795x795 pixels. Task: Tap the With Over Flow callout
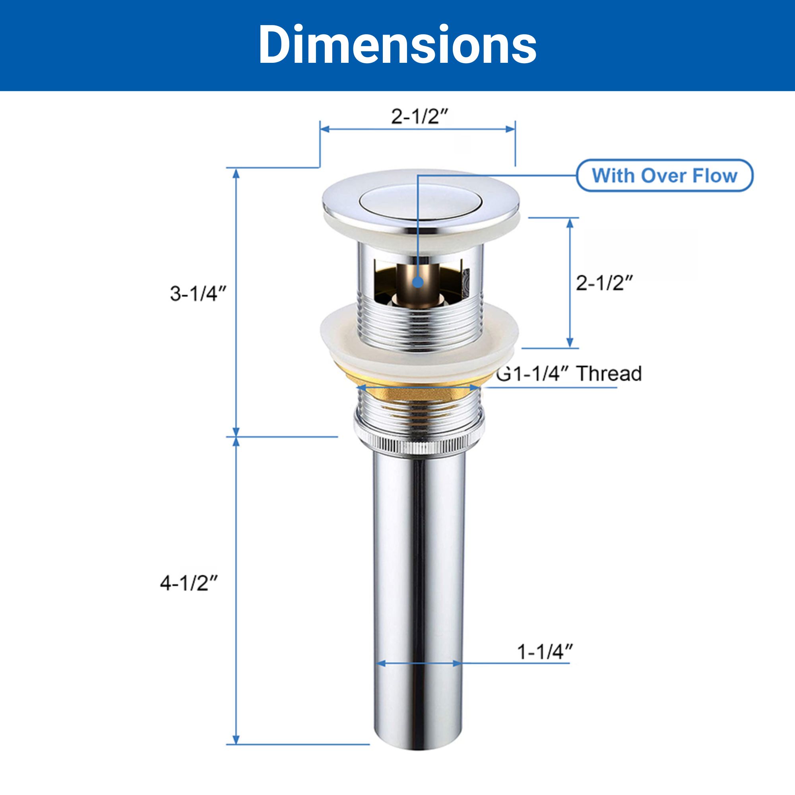[664, 176]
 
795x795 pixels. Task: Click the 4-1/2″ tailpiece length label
[189, 583]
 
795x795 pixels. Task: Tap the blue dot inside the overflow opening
[418, 282]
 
